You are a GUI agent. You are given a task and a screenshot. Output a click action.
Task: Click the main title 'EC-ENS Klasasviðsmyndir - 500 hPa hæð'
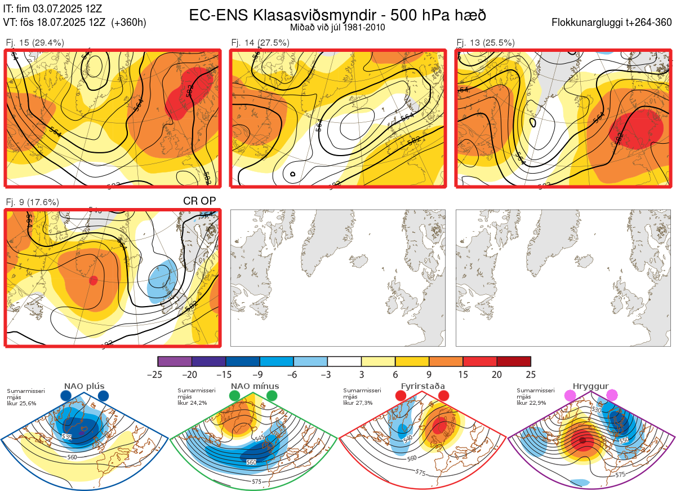click(337, 15)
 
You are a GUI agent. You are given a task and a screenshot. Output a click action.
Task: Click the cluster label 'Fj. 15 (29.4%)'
click(35, 42)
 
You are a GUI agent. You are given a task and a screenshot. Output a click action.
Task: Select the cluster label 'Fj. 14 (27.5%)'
click(260, 42)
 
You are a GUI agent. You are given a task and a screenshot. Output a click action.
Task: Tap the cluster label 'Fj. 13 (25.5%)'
click(486, 42)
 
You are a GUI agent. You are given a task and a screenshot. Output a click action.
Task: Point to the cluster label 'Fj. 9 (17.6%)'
click(32, 202)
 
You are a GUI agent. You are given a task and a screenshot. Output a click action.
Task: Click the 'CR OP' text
click(199, 201)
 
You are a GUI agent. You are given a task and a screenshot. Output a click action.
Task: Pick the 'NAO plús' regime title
click(84, 386)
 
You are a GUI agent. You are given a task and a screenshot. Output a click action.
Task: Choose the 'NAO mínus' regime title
click(255, 386)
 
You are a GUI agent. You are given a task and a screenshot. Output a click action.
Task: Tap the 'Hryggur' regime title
click(590, 386)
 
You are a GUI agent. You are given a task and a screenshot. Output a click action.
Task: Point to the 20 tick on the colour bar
click(497, 374)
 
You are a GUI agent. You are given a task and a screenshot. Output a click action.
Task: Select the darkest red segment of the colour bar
click(514, 361)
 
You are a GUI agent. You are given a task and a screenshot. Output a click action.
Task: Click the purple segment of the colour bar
click(175, 361)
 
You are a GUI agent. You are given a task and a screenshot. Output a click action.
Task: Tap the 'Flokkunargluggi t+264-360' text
click(613, 23)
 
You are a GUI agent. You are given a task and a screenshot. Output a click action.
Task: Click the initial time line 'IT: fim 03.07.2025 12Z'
click(52, 9)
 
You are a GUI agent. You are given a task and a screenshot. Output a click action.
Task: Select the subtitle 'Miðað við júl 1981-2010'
click(337, 27)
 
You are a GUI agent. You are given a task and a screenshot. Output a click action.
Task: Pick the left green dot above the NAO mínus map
click(234, 396)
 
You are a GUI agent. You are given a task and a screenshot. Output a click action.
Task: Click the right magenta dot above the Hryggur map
click(612, 396)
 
